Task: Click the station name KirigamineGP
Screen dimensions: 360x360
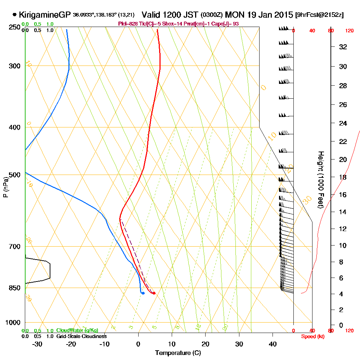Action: click(x=45, y=15)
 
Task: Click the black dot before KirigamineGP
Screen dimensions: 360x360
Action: click(x=14, y=15)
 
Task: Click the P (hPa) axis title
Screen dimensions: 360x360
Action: click(x=5, y=186)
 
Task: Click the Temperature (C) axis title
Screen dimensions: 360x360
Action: click(x=178, y=353)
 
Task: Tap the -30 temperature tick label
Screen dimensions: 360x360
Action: click(x=37, y=344)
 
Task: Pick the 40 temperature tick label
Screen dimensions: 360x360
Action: click(x=273, y=344)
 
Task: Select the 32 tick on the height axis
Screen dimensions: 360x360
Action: click(x=343, y=47)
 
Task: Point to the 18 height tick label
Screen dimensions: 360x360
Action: click(x=343, y=177)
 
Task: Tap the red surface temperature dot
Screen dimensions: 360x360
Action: click(x=154, y=293)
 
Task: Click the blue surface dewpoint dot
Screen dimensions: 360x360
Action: click(x=143, y=293)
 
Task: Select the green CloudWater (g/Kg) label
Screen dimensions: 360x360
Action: click(x=77, y=330)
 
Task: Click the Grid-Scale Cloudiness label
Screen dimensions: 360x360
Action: click(x=81, y=336)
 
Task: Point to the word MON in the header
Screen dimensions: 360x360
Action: click(x=234, y=15)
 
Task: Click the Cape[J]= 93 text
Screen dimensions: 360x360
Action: click(x=226, y=24)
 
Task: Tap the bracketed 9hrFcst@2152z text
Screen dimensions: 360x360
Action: click(x=319, y=15)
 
